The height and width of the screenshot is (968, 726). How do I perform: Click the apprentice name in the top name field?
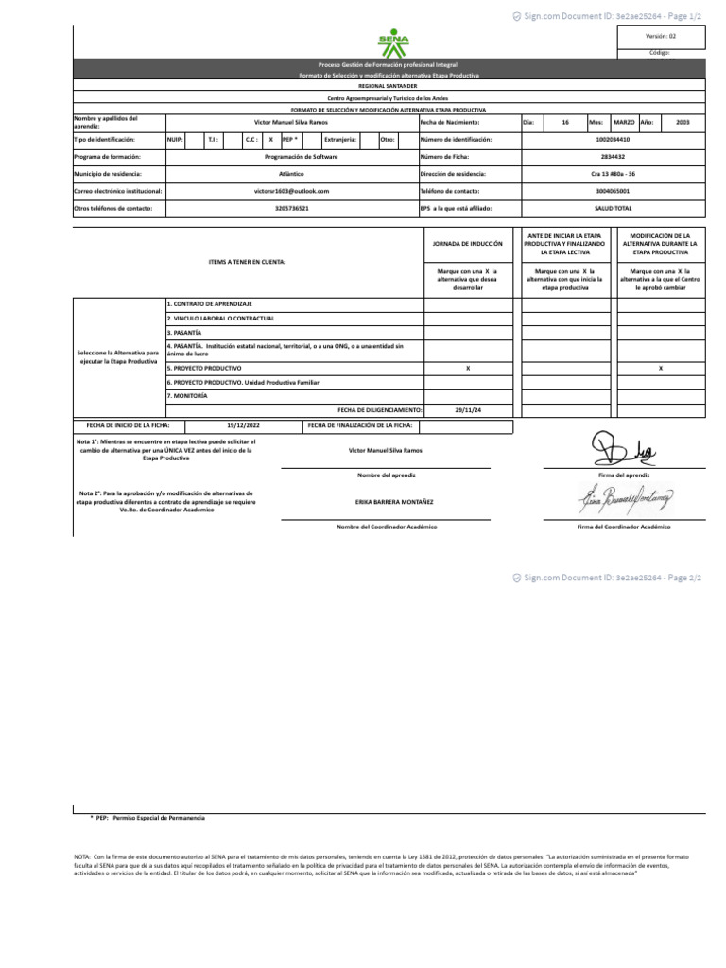tap(291, 123)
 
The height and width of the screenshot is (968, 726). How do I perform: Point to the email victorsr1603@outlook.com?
tap(292, 191)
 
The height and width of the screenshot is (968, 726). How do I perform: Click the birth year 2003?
tap(683, 123)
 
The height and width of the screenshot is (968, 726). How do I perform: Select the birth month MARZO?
tap(624, 123)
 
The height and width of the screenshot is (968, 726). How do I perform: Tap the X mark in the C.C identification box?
tap(271, 140)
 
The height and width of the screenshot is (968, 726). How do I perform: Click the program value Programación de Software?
tap(292, 157)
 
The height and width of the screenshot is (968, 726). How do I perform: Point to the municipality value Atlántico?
tap(292, 174)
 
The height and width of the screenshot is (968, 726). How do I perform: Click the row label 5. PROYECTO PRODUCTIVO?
tap(204, 367)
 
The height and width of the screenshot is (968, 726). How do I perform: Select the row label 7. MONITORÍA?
tap(187, 395)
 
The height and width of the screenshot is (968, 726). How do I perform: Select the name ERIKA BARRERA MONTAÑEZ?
tap(387, 501)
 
